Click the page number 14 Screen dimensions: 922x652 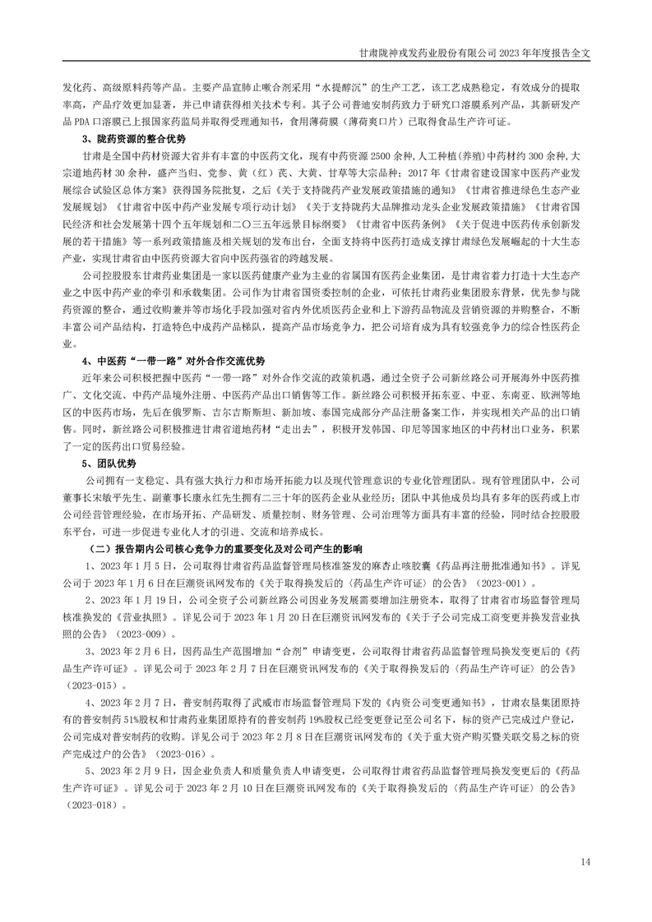[x=585, y=861]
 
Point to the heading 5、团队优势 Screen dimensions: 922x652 [x=111, y=464]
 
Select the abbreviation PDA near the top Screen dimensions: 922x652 [x=85, y=122]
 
